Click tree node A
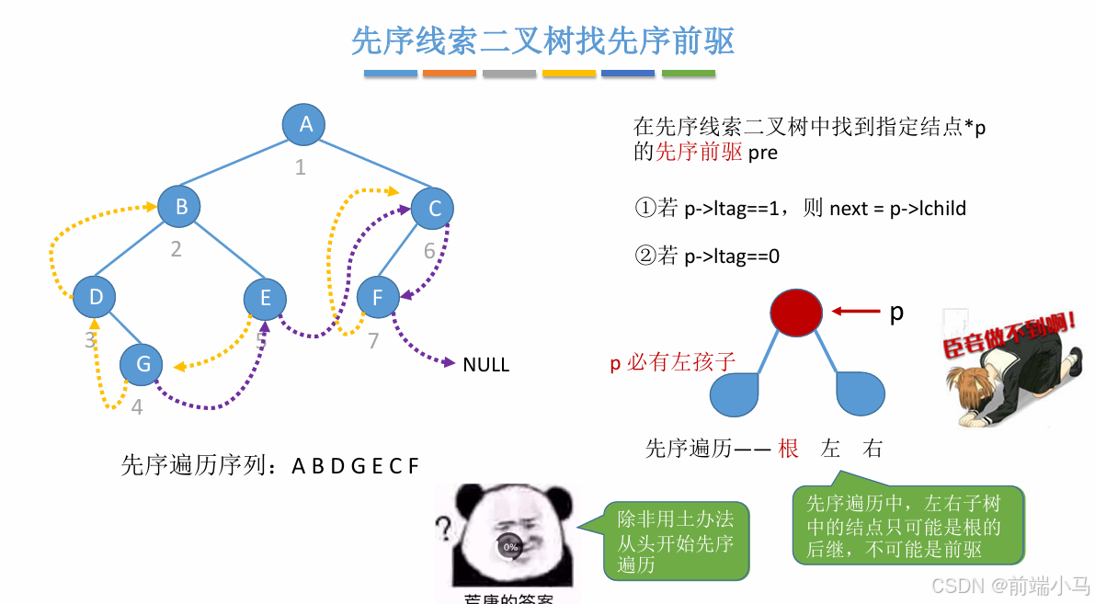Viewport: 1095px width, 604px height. tap(306, 124)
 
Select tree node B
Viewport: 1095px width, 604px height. tap(180, 206)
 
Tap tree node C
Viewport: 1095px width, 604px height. tap(434, 208)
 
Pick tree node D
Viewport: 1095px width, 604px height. tap(95, 296)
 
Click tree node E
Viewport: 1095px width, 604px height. tap(266, 297)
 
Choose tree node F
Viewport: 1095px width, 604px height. tap(377, 296)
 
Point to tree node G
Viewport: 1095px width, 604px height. tap(143, 363)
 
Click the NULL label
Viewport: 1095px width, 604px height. tap(485, 365)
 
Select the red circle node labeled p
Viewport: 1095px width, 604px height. tap(796, 313)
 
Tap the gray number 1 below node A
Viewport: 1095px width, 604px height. tap(300, 167)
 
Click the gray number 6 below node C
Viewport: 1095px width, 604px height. tap(429, 251)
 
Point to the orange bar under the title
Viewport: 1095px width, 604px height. tap(450, 74)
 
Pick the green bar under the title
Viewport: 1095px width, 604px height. tap(689, 74)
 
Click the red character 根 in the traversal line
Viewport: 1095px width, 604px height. tap(788, 449)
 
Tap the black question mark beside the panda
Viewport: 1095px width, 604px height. tap(444, 529)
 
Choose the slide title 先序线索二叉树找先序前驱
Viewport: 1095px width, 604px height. tap(543, 41)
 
